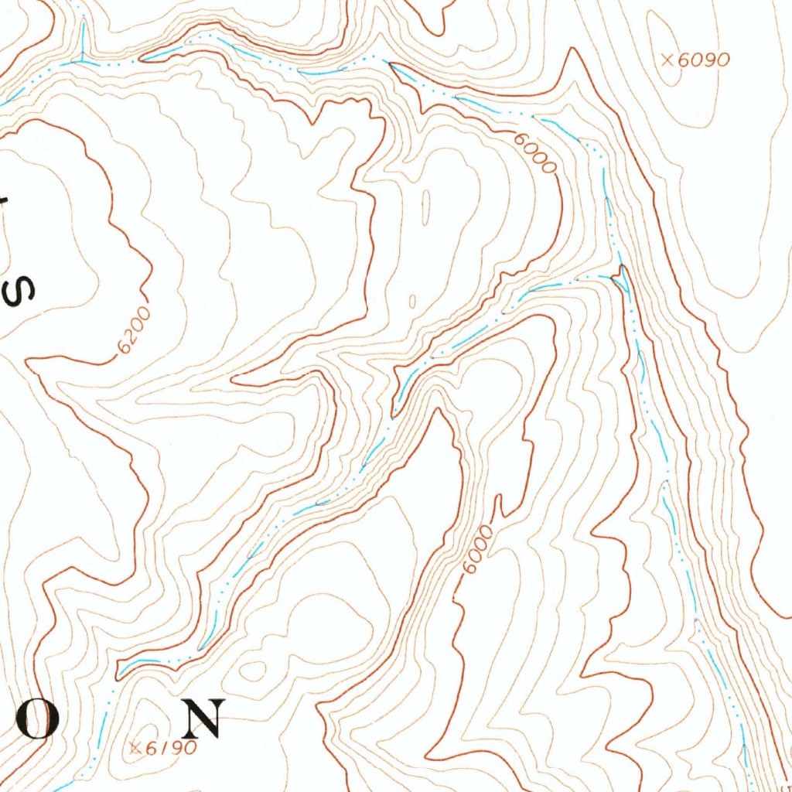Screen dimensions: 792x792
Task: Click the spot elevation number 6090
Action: point(704,60)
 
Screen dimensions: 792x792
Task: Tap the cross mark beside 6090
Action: point(670,59)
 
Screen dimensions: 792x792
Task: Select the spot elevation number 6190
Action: point(169,748)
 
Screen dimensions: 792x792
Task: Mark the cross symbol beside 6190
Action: point(135,747)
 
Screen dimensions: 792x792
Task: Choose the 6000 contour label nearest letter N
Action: point(477,550)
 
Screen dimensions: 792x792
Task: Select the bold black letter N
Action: point(203,719)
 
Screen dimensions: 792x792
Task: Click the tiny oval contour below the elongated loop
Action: point(411,300)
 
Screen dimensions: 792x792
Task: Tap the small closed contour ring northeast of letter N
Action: point(257,669)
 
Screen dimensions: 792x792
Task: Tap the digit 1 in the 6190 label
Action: point(158,748)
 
